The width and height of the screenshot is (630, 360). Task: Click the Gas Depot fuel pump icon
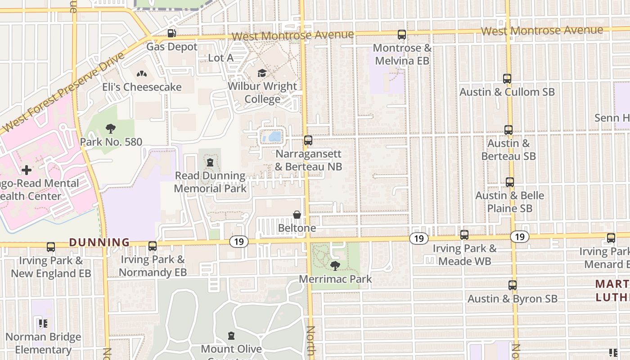pos(171,33)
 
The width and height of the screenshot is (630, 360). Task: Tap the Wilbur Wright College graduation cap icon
pos(262,73)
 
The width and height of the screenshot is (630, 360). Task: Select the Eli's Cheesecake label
pos(142,87)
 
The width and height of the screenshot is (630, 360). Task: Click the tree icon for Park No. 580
pos(110,129)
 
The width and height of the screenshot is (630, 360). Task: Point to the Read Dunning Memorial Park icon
pos(210,162)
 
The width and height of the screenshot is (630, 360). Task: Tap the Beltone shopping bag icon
pos(297,215)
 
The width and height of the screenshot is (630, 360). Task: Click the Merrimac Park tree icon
pos(335,265)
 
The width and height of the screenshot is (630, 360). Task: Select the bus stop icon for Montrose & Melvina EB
pos(401,35)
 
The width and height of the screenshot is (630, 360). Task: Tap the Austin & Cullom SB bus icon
pos(507,79)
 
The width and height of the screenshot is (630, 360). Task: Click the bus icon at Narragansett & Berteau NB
pos(308,140)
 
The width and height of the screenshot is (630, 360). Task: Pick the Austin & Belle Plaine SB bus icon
pos(509,182)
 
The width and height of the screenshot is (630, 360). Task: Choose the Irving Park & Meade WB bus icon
pos(464,235)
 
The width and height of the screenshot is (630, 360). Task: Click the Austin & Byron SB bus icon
pos(512,285)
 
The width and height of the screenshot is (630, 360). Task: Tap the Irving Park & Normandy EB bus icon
pos(153,246)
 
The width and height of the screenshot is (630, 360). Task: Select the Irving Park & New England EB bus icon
pos(51,247)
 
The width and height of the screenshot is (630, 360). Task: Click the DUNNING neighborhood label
pos(99,243)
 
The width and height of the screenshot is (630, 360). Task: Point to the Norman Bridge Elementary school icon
pos(43,324)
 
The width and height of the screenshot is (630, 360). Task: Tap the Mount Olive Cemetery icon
pos(231,336)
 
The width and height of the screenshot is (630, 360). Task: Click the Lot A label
pos(221,58)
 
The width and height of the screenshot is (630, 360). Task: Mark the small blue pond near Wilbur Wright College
pos(273,137)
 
